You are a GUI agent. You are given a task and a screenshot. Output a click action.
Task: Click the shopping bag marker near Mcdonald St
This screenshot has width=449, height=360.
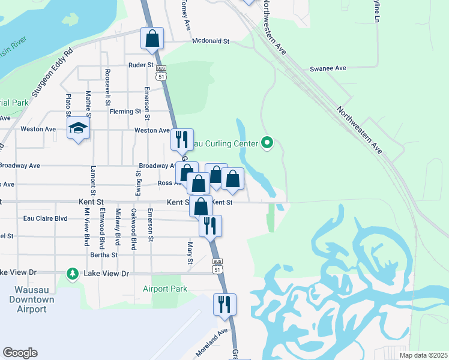tap(152, 38)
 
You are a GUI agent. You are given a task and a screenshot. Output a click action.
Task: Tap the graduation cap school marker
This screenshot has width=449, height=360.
tap(78, 129)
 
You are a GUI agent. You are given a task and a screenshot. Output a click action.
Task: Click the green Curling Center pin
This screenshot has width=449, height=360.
tap(268, 143)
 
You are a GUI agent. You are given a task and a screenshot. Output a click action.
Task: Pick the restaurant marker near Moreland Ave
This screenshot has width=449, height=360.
tap(224, 304)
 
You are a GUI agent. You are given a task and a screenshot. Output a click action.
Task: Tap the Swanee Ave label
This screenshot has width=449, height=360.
tap(328, 68)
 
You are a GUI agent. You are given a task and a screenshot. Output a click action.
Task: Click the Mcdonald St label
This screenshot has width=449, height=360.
tap(211, 41)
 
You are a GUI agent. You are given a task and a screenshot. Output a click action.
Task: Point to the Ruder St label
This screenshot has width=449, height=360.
tap(141, 65)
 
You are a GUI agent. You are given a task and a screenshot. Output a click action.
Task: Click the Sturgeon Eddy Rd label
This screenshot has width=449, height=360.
tap(52, 73)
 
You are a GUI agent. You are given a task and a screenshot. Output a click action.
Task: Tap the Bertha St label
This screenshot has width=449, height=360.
tap(104, 255)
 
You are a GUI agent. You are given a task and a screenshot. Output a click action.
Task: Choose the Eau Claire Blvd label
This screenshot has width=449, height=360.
tap(44, 218)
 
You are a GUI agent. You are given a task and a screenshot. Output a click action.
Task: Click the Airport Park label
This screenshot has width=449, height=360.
tap(165, 289)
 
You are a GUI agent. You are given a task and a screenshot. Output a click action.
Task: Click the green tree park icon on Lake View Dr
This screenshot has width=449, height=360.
tap(73, 274)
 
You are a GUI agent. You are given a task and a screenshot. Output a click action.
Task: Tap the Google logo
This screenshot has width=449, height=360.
tap(20, 353)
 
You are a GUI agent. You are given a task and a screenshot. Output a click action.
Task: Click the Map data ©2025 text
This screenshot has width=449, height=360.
tap(423, 355)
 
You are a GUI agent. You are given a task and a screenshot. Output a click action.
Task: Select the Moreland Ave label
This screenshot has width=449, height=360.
tap(211, 341)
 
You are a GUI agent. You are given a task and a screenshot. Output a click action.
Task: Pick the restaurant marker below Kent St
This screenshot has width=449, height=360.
tap(210, 226)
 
